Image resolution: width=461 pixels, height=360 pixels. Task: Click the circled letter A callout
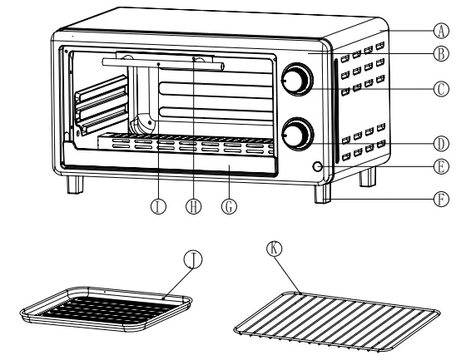tap(441, 31)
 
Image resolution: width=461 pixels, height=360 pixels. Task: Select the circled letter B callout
tap(441, 54)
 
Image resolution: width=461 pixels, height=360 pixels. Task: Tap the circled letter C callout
tap(441, 89)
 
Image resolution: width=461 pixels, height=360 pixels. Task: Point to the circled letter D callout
tap(441, 144)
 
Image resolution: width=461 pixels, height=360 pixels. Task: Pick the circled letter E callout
tap(441, 167)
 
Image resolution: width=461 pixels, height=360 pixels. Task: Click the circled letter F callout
tap(441, 199)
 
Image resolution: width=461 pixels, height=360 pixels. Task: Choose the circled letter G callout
tap(229, 206)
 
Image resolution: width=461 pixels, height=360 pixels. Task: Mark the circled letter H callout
tap(193, 206)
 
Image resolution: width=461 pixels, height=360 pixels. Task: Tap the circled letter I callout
tap(158, 206)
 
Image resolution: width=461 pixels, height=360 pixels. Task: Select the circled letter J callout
tap(193, 259)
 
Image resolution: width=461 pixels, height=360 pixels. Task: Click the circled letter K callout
tap(275, 249)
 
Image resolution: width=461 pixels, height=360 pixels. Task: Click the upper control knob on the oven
tap(297, 79)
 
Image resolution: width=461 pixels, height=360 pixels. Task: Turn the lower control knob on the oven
tap(297, 134)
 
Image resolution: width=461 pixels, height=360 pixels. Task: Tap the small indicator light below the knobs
tap(318, 167)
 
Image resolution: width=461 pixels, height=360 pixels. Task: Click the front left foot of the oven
tap(75, 185)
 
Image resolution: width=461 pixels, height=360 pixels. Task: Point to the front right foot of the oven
tap(323, 194)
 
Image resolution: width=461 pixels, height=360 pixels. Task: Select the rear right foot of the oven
tap(368, 177)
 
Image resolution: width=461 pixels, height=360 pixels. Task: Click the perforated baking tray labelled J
tap(107, 309)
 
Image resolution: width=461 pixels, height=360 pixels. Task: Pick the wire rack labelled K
tap(337, 321)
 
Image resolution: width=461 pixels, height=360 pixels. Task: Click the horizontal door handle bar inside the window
tap(163, 64)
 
